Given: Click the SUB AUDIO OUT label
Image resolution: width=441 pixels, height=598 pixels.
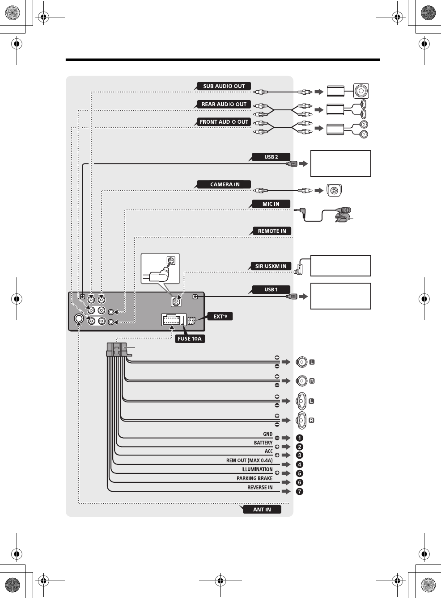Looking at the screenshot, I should click(224, 86).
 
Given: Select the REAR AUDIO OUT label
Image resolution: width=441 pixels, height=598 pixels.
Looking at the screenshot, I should click(224, 104).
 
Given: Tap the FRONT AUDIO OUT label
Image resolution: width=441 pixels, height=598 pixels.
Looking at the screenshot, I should click(224, 122).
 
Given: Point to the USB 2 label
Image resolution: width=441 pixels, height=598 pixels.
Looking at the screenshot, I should click(271, 157).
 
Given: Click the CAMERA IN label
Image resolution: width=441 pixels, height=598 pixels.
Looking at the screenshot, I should click(225, 184).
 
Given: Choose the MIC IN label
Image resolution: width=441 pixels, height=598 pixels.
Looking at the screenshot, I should click(271, 204).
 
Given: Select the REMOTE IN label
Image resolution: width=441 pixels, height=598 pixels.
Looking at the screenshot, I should click(271, 231).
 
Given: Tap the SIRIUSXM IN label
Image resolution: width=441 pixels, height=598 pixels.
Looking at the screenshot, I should click(271, 266).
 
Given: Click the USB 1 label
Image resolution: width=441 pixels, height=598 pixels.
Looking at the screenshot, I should click(271, 289).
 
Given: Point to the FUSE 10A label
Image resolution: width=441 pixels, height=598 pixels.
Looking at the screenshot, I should click(190, 339).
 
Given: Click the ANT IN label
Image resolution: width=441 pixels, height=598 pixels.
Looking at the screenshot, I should click(262, 510).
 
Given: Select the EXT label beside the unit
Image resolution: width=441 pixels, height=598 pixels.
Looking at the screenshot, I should click(220, 317).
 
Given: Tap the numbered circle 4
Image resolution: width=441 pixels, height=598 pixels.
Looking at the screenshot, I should click(299, 464).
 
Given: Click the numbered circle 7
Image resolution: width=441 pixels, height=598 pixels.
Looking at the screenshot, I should click(299, 491).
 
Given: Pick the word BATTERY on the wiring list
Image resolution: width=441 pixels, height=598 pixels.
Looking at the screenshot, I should click(263, 443).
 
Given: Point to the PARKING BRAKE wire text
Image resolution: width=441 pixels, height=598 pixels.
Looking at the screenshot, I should click(254, 478).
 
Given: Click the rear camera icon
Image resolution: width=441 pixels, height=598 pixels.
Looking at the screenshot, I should click(334, 191).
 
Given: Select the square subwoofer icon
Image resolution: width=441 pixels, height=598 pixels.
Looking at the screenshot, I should click(361, 91).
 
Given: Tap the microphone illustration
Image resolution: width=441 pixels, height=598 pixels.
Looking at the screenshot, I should click(343, 214).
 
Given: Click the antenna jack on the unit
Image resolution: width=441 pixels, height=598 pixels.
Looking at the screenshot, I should click(79, 318).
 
